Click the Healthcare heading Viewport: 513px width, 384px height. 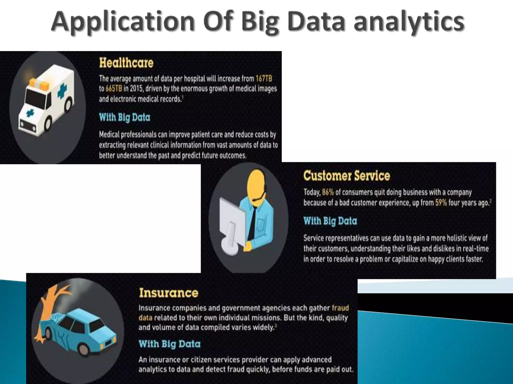pyautogui.click(x=126, y=63)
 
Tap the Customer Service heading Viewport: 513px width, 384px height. pyautogui.click(x=346, y=176)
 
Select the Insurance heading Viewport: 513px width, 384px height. pyautogui.click(x=169, y=293)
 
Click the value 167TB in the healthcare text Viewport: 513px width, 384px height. pyautogui.click(x=264, y=79)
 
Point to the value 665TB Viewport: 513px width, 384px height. pyautogui.click(x=114, y=89)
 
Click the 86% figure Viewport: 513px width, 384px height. pyautogui.click(x=328, y=192)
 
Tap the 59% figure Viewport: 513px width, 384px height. pyautogui.click(x=441, y=202)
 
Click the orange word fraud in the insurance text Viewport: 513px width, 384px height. pyautogui.click(x=340, y=308)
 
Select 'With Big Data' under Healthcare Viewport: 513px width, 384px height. pyautogui.click(x=124, y=117)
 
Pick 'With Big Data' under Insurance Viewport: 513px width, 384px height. pyautogui.click(x=170, y=344)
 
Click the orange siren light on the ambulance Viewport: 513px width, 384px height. pyautogui.click(x=40, y=84)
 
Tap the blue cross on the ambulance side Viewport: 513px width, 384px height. pyautogui.click(x=62, y=90)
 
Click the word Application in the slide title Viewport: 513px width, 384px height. pyautogui.click(x=123, y=22)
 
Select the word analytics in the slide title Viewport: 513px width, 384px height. pyautogui.click(x=409, y=22)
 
